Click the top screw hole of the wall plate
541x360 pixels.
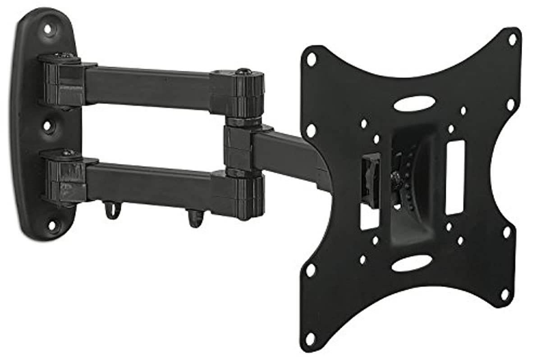47,29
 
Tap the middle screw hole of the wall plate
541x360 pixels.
47,125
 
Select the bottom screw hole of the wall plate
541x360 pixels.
51,224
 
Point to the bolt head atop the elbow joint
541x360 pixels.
244,72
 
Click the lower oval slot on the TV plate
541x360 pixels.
411,263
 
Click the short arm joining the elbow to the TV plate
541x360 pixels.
289,153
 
